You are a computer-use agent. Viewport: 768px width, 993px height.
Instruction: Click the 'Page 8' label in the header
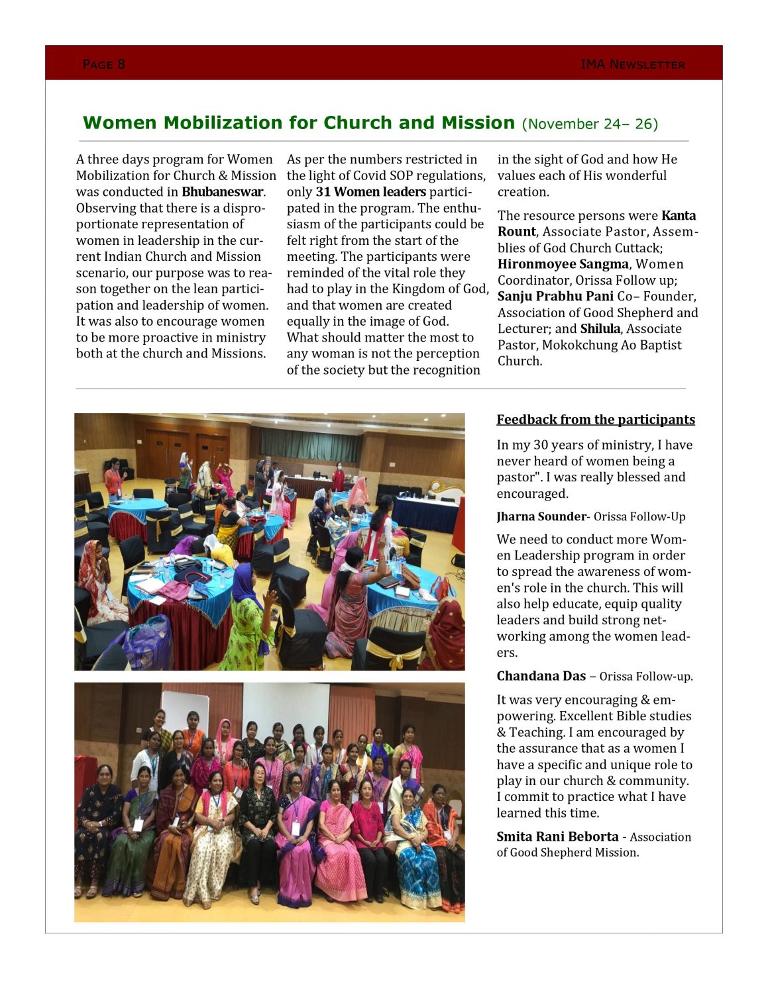pos(103,64)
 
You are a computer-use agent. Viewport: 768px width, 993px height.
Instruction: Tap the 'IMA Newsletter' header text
pos(632,64)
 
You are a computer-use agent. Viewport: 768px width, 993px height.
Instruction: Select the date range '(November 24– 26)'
pos(590,124)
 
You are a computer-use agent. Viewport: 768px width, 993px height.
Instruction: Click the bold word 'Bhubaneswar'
pos(223,192)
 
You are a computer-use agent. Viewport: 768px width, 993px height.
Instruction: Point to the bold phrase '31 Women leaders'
pos(370,192)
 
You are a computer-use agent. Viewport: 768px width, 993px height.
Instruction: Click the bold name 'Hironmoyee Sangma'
pos(563,264)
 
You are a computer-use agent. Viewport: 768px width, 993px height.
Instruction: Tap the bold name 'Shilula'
pos(600,329)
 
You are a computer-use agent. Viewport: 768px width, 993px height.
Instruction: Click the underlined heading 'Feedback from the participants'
pos(595,420)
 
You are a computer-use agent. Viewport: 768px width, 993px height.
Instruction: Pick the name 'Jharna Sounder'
pos(541,517)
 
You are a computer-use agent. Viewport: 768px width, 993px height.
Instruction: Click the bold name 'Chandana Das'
pos(541,676)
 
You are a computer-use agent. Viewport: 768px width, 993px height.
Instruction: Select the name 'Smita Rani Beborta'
pos(557,837)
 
